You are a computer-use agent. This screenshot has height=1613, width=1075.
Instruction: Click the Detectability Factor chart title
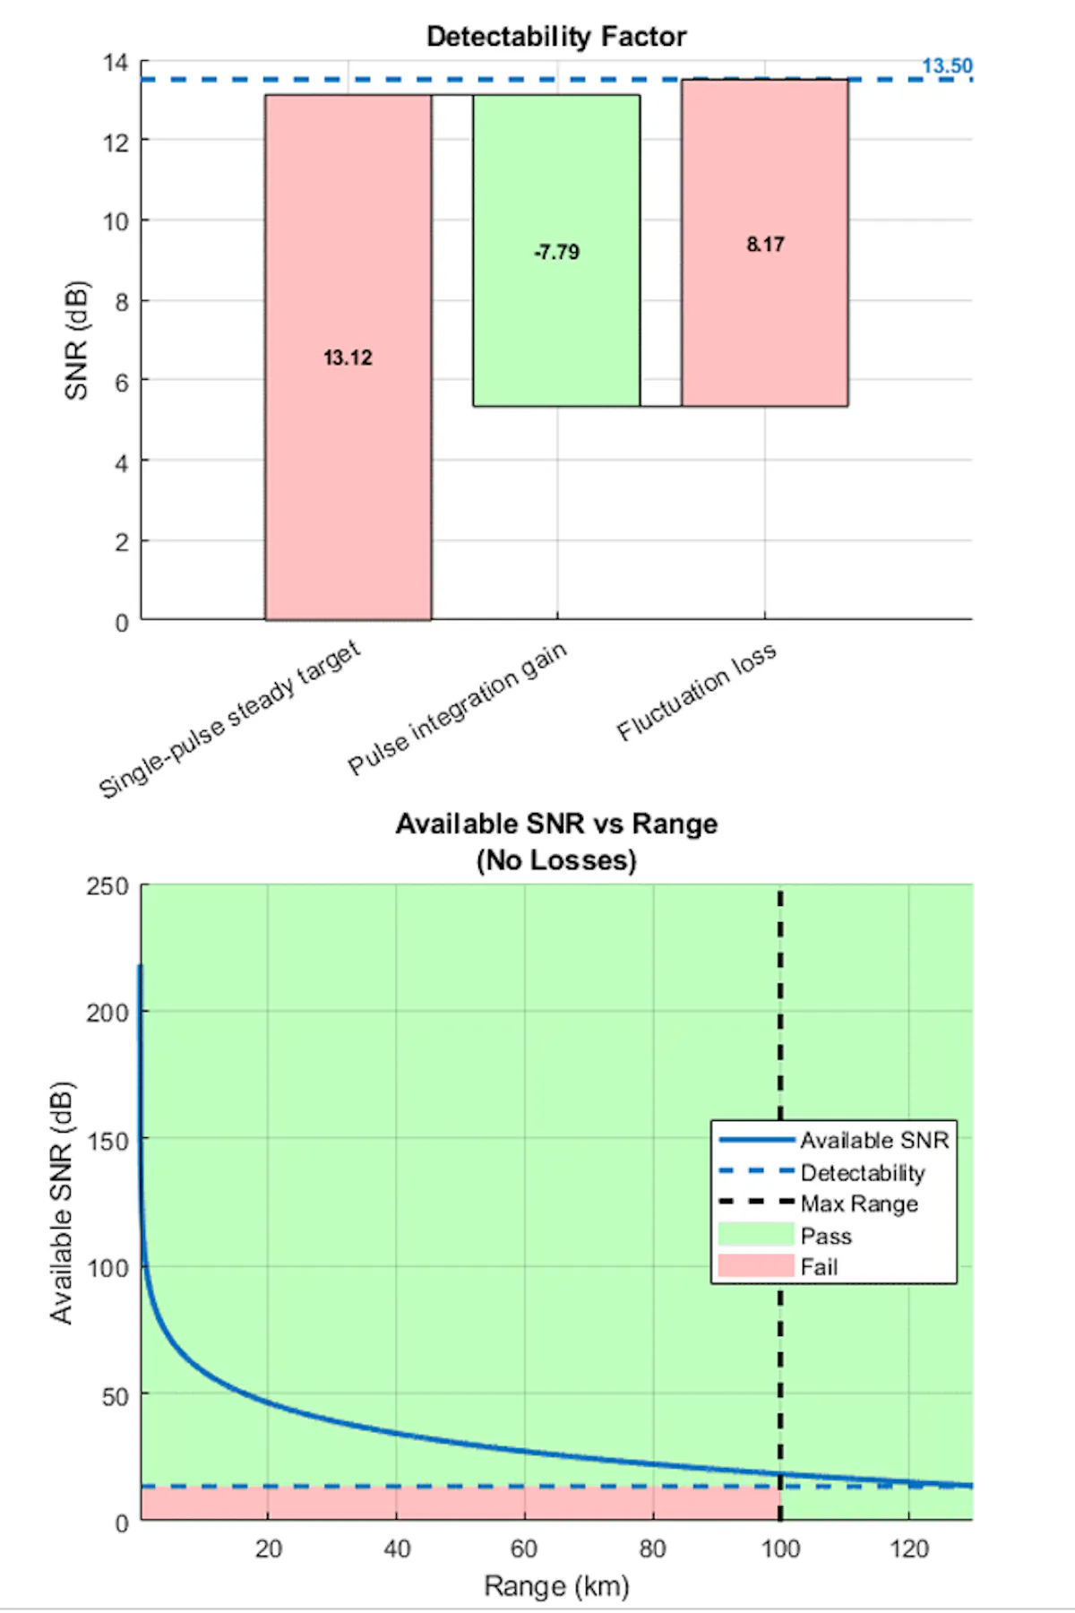555,37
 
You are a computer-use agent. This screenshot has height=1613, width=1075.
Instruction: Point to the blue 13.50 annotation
947,66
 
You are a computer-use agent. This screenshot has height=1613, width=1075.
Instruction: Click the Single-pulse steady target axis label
229,719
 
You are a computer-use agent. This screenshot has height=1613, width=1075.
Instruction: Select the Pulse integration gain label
458,708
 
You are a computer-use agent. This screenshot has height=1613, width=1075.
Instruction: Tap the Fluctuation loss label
696,692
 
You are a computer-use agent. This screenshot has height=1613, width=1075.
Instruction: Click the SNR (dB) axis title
77,341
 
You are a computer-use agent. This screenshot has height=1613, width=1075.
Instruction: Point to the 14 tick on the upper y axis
116,63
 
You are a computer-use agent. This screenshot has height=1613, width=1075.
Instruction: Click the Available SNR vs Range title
556,824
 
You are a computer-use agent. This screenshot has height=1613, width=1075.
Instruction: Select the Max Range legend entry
859,1203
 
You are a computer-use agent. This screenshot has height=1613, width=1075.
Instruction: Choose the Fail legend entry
819,1267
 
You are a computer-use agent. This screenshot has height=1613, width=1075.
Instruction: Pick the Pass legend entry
825,1236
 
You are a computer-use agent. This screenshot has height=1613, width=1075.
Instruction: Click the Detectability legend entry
862,1172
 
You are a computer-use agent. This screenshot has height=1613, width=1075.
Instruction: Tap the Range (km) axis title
556,1586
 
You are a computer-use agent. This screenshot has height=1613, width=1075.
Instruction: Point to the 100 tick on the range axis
780,1548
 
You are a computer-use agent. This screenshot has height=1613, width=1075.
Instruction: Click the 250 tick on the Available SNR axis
107,886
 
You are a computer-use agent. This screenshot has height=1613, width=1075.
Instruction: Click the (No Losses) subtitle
556,860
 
